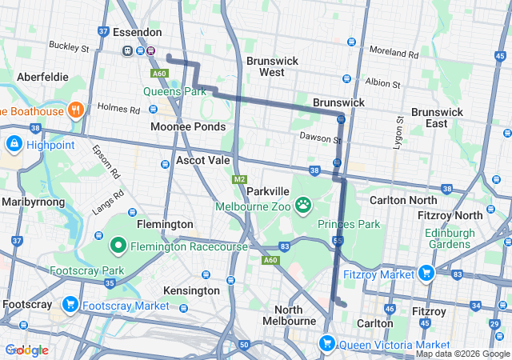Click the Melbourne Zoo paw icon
(304, 206)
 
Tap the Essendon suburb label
(137, 33)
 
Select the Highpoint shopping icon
(14, 143)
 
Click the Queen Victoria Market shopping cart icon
(326, 344)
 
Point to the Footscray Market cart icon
(70, 305)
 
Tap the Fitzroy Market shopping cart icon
(426, 274)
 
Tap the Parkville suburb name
(267, 192)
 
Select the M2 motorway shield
(240, 179)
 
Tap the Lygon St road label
(398, 131)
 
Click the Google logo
(27, 350)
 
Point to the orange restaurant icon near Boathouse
(76, 110)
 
